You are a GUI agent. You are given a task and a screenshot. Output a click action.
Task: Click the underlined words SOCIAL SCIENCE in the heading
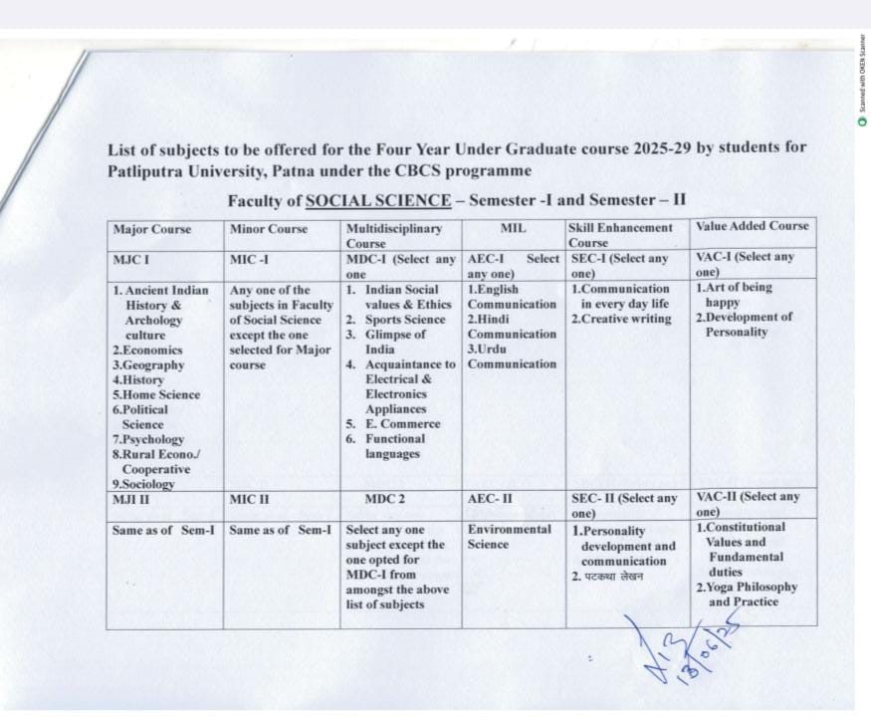tap(378, 200)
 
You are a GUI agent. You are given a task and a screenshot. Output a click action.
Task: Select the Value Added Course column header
tap(753, 226)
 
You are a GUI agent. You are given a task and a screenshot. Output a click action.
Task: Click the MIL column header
tap(513, 229)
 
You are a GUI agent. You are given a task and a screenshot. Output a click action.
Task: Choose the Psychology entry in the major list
tap(151, 439)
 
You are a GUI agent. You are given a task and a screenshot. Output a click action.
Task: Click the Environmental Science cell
tap(509, 537)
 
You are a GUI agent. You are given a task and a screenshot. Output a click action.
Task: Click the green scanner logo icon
tap(862, 120)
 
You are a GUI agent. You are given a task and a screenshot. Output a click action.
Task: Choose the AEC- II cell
tap(491, 498)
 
